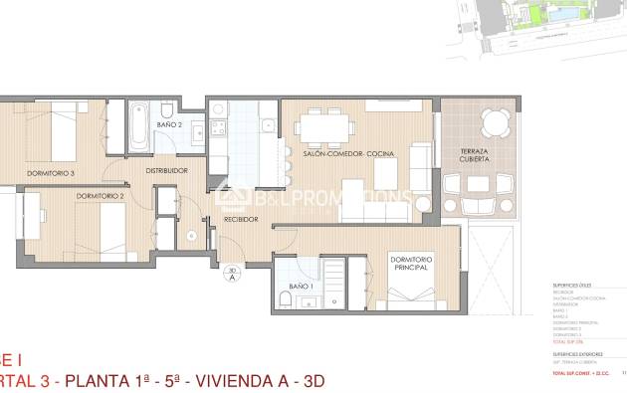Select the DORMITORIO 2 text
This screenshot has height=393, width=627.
point(101,196)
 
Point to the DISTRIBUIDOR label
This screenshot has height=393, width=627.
point(167,170)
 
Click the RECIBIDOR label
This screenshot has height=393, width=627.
point(241,219)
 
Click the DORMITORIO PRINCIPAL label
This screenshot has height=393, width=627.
point(410,266)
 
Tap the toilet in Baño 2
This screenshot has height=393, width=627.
point(168,108)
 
